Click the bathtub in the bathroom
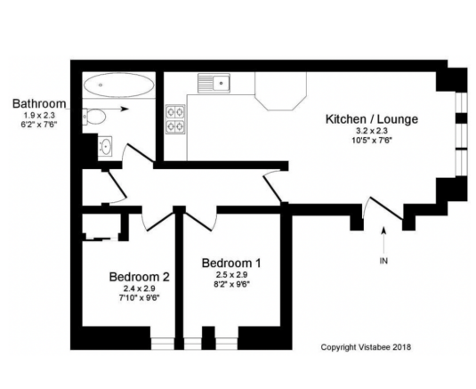pyautogui.click(x=118, y=85)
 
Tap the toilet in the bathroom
pyautogui.click(x=94, y=116)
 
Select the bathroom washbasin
pyautogui.click(x=105, y=146)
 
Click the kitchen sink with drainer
pyautogui.click(x=214, y=83)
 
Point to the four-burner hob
pyautogui.click(x=175, y=119)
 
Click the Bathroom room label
pyautogui.click(x=39, y=104)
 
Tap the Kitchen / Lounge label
pyautogui.click(x=372, y=119)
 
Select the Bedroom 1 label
pyautogui.click(x=231, y=263)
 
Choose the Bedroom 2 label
pyautogui.click(x=140, y=277)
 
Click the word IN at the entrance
pyautogui.click(x=383, y=261)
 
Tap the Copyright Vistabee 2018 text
pyautogui.click(x=366, y=347)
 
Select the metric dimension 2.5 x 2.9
pyautogui.click(x=231, y=275)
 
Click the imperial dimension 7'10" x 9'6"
pyautogui.click(x=140, y=298)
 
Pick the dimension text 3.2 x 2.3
pyautogui.click(x=372, y=131)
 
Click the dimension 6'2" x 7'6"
pyautogui.click(x=39, y=125)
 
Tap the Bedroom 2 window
pyautogui.click(x=163, y=344)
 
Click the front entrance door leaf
pyautogui.click(x=386, y=208)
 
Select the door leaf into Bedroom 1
pyautogui.click(x=198, y=222)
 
